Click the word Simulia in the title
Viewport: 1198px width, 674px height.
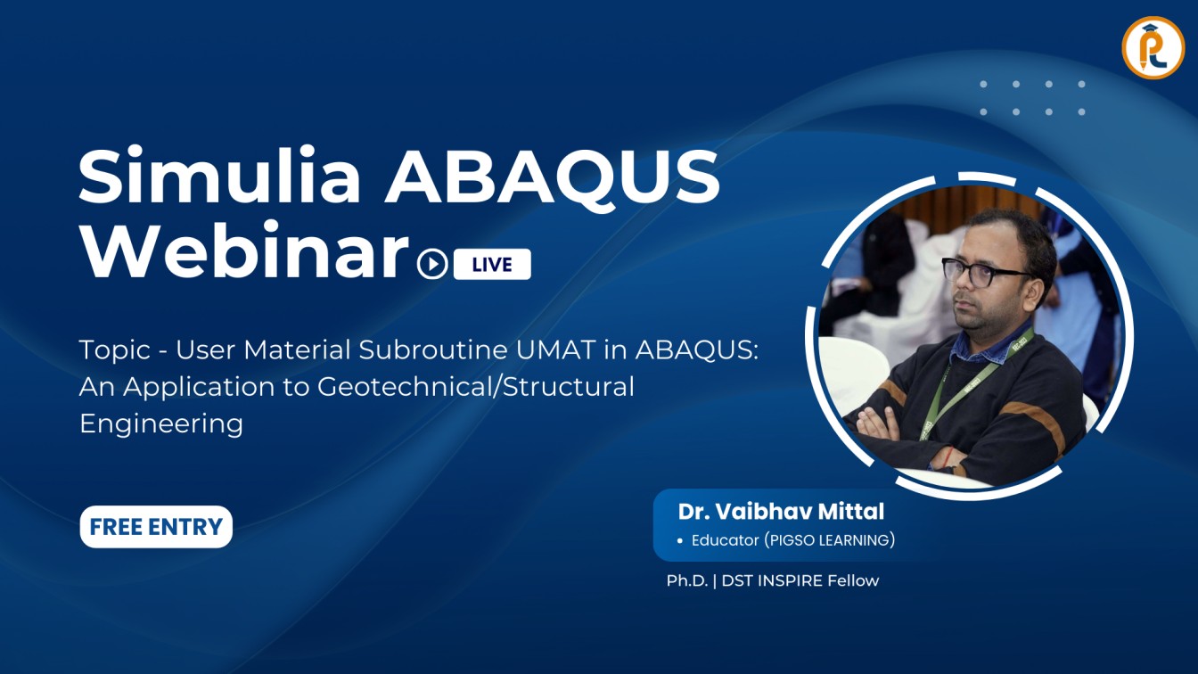(x=219, y=176)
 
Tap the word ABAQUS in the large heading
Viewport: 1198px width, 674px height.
(x=552, y=176)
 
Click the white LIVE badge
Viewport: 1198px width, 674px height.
(x=492, y=265)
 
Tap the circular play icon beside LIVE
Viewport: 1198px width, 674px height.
(x=433, y=265)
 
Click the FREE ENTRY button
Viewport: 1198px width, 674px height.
(x=156, y=527)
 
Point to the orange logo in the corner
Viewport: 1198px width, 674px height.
(x=1153, y=47)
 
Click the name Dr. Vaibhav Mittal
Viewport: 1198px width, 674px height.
(x=781, y=511)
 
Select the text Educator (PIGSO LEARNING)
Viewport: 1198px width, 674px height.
(x=792, y=540)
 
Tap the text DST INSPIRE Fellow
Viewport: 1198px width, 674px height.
(x=800, y=580)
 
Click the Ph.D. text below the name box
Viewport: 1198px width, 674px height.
(x=687, y=580)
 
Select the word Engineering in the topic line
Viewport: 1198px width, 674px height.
(x=161, y=423)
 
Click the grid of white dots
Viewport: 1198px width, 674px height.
(x=1032, y=98)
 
